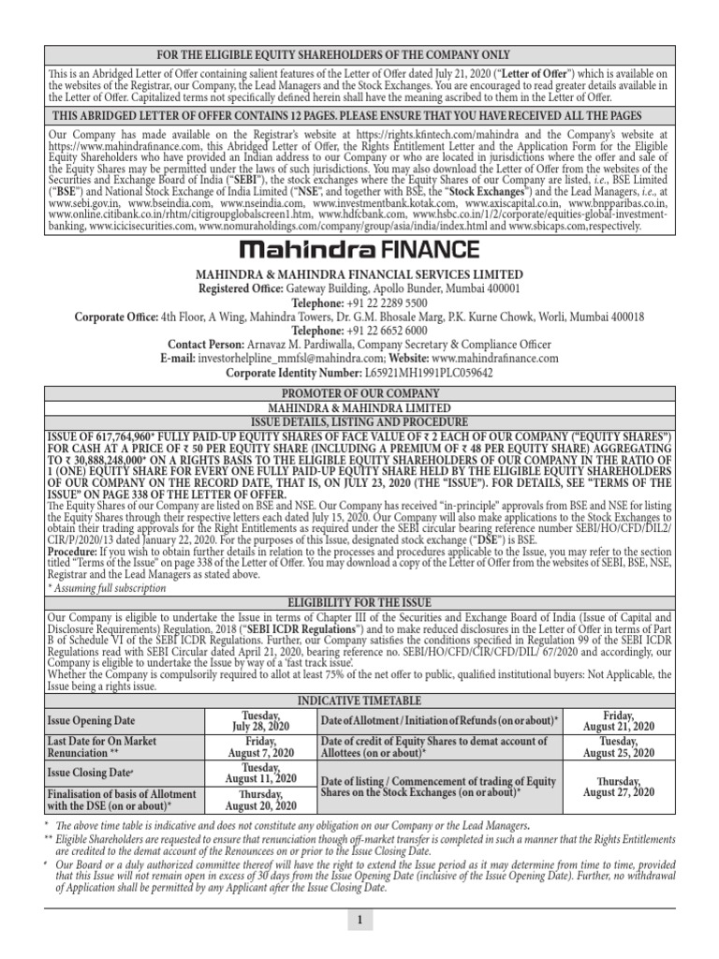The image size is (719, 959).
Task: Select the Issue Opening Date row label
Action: [91, 720]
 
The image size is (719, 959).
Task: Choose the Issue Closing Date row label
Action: [88, 774]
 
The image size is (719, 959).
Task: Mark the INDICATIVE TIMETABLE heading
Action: [359, 700]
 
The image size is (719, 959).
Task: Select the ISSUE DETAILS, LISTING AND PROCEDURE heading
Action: [359, 421]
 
